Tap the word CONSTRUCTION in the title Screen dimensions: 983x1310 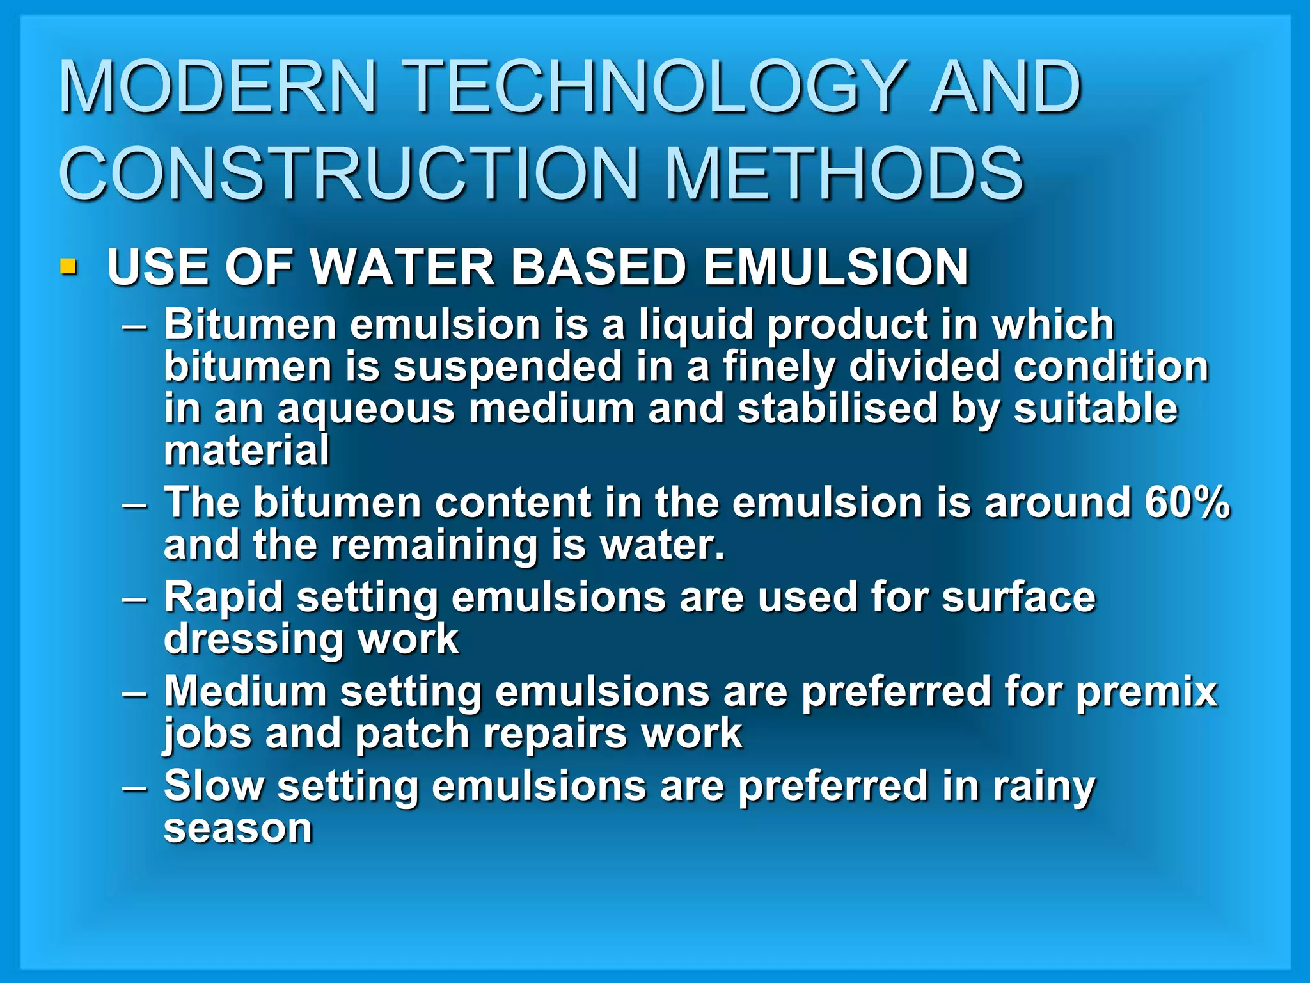pos(349,173)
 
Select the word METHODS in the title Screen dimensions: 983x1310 pos(844,173)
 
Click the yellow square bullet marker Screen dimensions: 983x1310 pos(68,266)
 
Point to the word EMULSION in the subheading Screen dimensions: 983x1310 pos(835,267)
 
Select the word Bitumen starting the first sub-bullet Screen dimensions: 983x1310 pos(249,324)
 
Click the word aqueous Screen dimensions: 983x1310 pos(366,409)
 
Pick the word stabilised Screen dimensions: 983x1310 pos(837,409)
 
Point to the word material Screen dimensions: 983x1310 pos(247,450)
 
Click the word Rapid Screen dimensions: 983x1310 pos(223,598)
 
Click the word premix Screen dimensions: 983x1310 pos(1146,692)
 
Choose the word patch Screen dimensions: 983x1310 pos(412,733)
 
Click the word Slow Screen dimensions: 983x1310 pos(214,786)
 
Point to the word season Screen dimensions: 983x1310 pos(238,829)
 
